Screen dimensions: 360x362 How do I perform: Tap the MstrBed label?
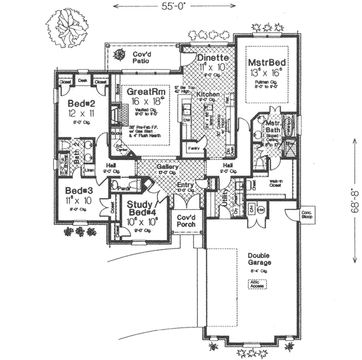[266, 63]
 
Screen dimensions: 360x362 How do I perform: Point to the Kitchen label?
[207, 95]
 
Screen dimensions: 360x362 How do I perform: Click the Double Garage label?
[259, 259]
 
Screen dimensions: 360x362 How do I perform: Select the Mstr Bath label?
[274, 127]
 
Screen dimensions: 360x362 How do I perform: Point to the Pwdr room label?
[125, 188]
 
